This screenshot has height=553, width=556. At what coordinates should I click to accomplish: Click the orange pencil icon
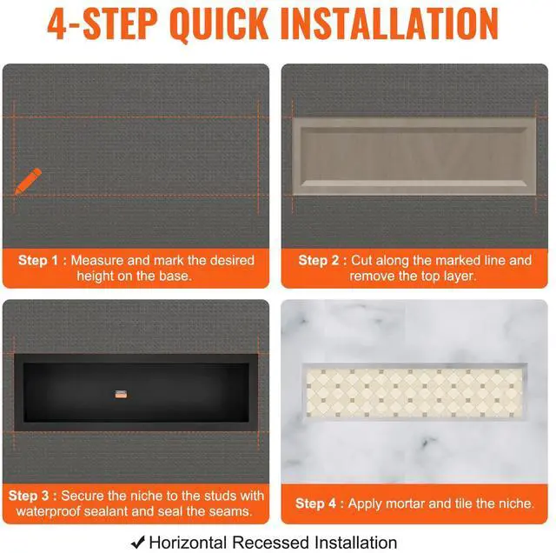pos(28,181)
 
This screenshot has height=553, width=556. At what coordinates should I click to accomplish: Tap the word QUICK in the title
pos(219,23)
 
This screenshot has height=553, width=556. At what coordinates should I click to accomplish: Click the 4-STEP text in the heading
pos(103,23)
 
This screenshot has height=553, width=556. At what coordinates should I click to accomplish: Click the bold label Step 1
pos(38,260)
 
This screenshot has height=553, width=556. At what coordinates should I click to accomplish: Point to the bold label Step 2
pos(319,260)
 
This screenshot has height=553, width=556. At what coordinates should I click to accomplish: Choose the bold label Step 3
pos(29,496)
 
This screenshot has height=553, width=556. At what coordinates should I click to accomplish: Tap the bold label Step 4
pos(315,503)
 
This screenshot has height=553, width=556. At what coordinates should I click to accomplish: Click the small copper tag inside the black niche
pos(121,394)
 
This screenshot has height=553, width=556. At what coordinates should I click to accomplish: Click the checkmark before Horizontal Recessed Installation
pos(138,542)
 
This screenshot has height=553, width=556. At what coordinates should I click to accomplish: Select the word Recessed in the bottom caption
pos(271,543)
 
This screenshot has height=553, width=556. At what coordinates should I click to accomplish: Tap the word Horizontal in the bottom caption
pos(188,543)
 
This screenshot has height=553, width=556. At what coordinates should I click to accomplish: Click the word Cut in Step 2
pos(361,260)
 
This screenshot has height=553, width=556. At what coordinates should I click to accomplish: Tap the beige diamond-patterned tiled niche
pos(414,392)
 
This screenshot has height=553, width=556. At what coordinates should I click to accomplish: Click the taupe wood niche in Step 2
pos(414,157)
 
